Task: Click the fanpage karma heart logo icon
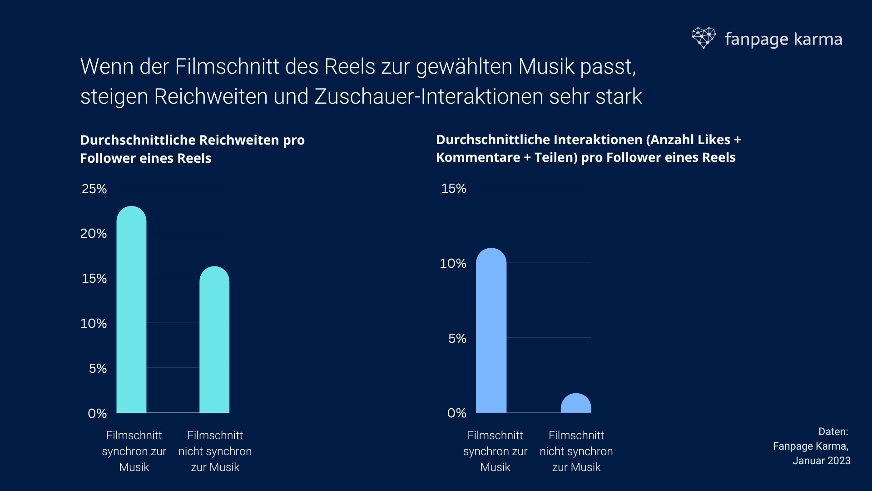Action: coord(704,38)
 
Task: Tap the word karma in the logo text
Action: coord(818,39)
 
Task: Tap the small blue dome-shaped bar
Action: coord(576,404)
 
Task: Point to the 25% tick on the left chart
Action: coord(94,189)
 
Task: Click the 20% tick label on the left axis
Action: coord(94,234)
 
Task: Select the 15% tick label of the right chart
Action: coord(454,189)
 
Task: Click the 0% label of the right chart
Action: coord(456,413)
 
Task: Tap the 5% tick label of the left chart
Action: coord(98,368)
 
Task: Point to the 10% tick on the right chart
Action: coord(453,263)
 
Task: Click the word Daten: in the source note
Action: coord(833,431)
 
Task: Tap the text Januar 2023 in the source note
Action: coord(821,461)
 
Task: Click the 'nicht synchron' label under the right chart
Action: coord(576,451)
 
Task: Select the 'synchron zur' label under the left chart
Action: coord(134,451)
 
